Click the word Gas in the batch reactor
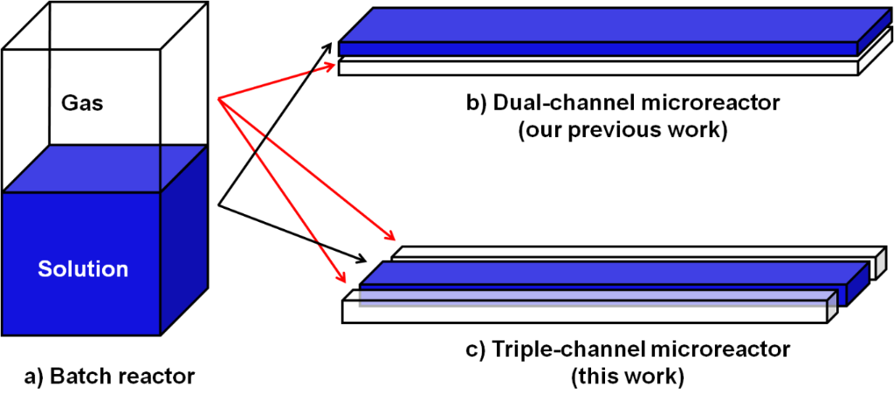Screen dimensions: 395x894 tap(82, 104)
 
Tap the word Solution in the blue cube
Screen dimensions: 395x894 tap(83, 269)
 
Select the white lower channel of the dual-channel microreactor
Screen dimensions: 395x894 tap(602, 68)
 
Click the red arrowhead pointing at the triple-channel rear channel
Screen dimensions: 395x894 tap(390, 237)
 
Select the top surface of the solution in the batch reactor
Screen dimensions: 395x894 tap(105, 168)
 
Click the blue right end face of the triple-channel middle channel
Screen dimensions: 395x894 tap(858, 281)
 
